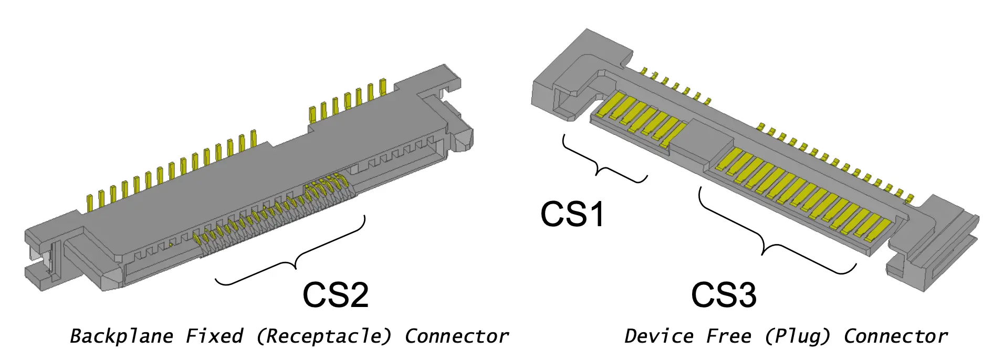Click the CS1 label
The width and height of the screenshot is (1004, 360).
572,214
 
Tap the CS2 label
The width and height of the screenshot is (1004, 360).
336,294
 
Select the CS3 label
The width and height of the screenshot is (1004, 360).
724,294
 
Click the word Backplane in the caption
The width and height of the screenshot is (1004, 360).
121,336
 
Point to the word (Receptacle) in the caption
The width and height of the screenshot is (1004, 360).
323,336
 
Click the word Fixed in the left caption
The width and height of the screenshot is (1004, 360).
214,336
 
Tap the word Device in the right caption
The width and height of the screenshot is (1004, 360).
658,336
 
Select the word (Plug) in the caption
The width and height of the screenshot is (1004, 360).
798,336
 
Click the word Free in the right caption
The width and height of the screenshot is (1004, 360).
728,336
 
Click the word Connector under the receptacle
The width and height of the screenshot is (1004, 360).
456,336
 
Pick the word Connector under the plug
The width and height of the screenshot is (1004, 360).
895,336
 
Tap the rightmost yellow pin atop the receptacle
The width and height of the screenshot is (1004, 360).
383,87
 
